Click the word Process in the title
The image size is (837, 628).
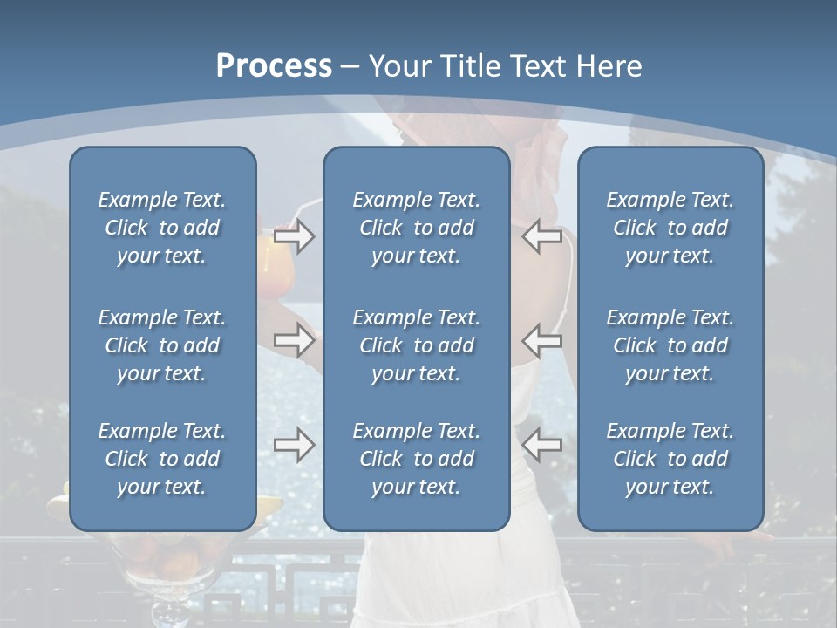[274, 66]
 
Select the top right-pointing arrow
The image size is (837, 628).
[294, 236]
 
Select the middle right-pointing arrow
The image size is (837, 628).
[294, 340]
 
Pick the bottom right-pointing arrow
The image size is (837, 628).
[294, 445]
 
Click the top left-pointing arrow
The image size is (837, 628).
[542, 236]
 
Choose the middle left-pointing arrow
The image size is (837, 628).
[542, 340]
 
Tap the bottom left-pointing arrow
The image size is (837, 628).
[542, 445]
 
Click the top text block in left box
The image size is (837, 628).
[162, 228]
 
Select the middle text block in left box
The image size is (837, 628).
[162, 345]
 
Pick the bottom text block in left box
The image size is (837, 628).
[162, 459]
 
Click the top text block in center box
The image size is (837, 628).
[416, 228]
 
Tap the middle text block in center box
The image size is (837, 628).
[416, 345]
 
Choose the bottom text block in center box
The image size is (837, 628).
[416, 459]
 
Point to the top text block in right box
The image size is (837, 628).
[670, 228]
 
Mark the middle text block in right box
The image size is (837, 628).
[670, 345]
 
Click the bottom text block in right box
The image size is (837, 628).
[670, 459]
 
